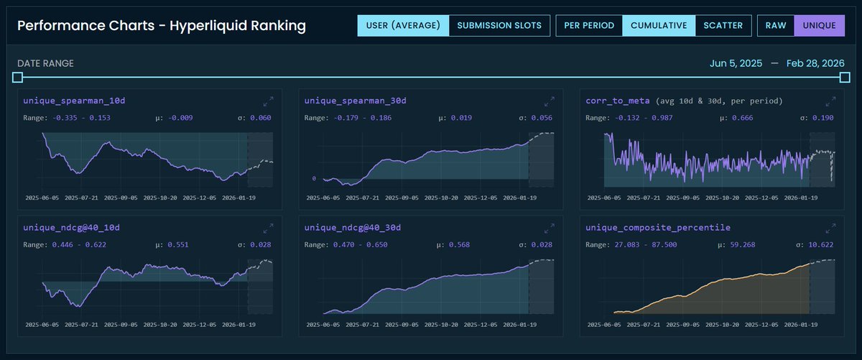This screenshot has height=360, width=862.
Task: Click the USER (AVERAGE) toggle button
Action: point(403,26)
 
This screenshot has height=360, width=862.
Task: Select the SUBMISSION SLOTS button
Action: point(500,26)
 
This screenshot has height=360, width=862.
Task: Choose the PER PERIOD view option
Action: point(589,26)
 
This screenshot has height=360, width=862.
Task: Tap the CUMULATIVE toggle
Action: point(659,26)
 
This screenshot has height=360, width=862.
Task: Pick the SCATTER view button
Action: point(723,26)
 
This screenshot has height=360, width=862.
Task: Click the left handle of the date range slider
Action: point(18,77)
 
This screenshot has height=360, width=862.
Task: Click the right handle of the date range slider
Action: point(844,77)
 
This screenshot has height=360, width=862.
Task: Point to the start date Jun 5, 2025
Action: point(736,63)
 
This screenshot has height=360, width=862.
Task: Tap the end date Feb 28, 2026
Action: point(815,63)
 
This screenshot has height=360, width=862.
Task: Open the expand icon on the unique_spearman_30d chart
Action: point(550,101)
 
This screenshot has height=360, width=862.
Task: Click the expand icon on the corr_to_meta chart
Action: point(831,101)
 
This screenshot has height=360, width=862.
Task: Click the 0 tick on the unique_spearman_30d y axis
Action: point(314,178)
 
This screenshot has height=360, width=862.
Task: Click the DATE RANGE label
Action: point(45,63)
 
